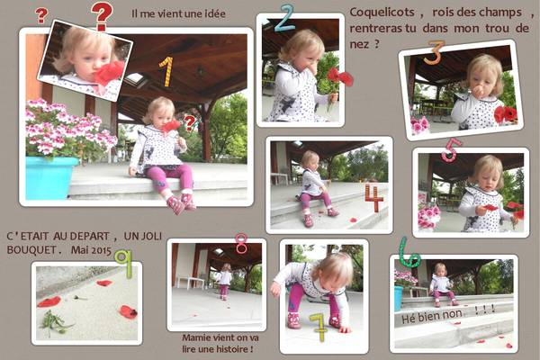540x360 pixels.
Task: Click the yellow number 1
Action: coord(166,72)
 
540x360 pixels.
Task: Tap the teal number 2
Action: coord(284,19)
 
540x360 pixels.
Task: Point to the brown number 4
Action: coord(374,197)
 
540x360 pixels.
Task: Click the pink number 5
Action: coord(451,150)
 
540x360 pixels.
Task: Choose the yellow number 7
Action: coord(319,328)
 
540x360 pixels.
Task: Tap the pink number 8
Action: coord(241,243)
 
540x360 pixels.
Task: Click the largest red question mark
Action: coord(102,15)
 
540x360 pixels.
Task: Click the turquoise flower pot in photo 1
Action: coord(50,178)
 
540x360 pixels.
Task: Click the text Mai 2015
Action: coord(91,250)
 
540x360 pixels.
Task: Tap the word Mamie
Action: coord(196,337)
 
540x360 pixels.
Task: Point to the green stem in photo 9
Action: coord(54,322)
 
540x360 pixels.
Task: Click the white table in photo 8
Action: coord(191,282)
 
